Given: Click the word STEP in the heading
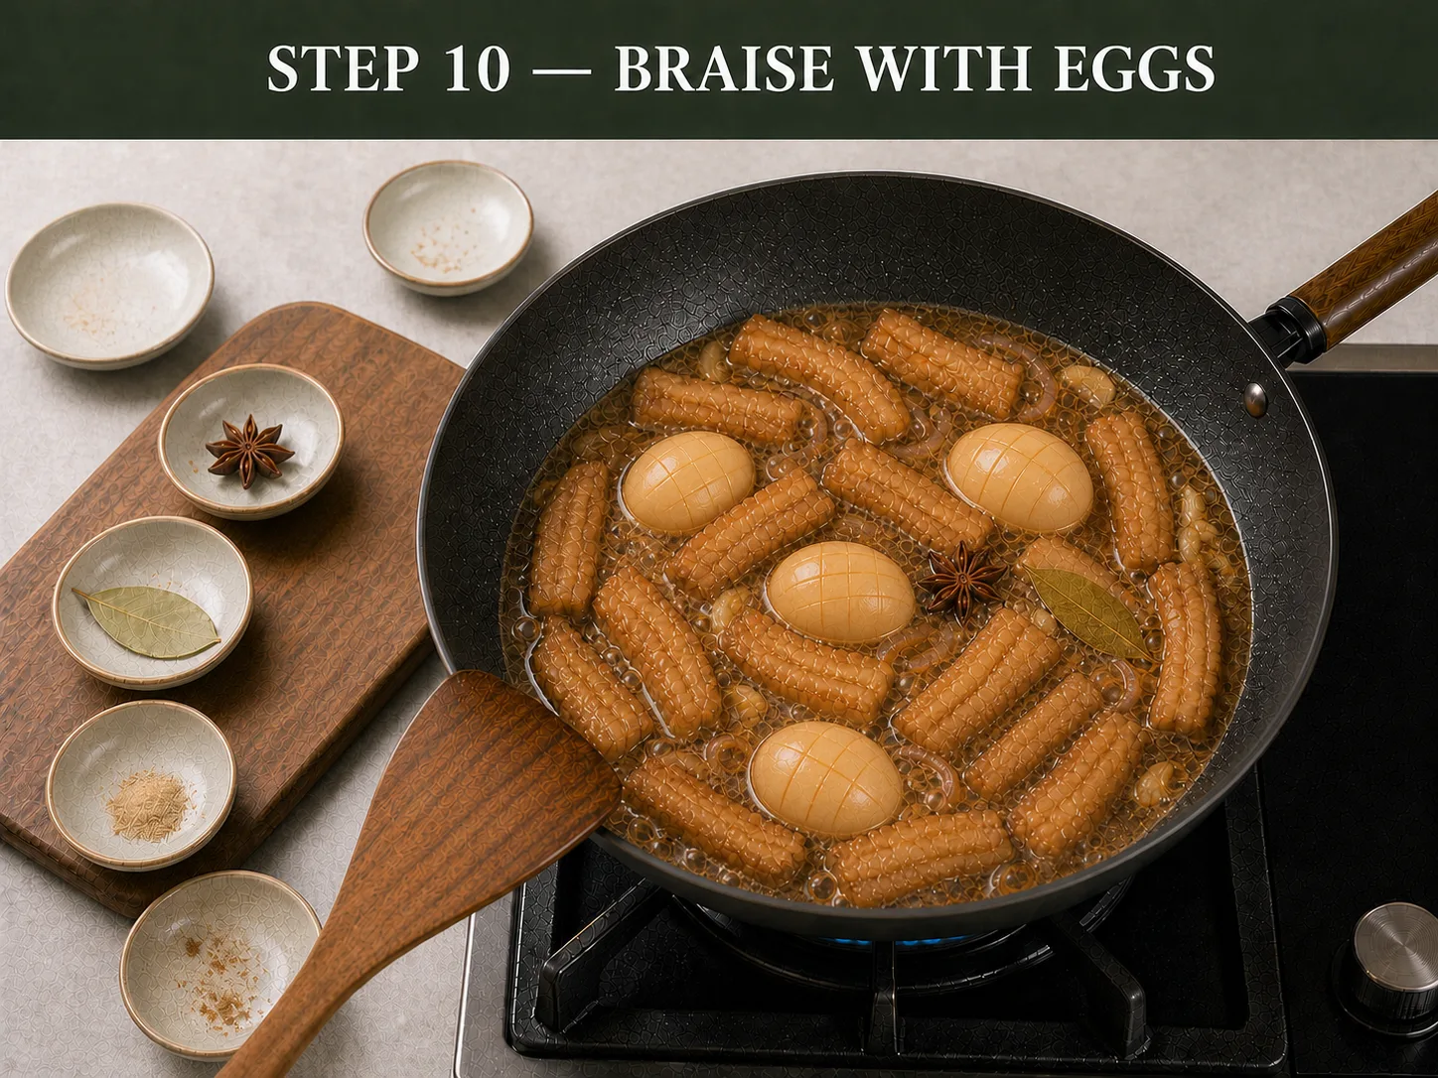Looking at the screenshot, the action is click(x=342, y=68).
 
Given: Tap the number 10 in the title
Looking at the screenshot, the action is click(x=478, y=68).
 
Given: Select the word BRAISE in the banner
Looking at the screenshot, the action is click(x=723, y=68).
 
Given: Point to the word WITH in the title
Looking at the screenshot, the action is click(x=942, y=68).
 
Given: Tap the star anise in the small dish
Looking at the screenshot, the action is click(x=249, y=451).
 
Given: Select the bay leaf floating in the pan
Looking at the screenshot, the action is click(x=1087, y=611).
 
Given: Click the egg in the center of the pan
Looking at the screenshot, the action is click(x=840, y=593).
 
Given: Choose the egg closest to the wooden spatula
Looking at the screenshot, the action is click(x=825, y=779).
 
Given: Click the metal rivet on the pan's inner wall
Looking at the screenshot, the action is click(x=1256, y=399).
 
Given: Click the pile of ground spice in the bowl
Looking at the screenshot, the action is click(x=149, y=804).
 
